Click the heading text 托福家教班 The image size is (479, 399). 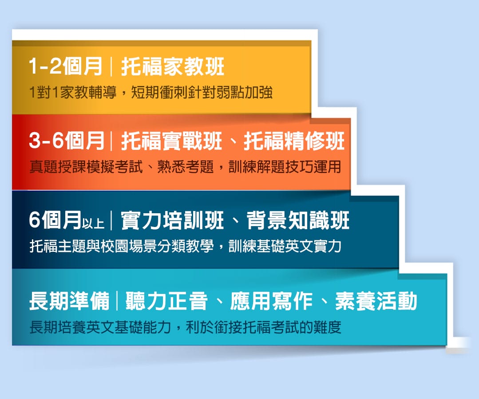(x=173, y=67)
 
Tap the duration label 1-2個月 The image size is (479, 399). (x=65, y=67)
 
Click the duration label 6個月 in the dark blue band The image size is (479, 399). (x=55, y=221)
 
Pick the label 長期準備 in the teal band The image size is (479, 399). (x=69, y=301)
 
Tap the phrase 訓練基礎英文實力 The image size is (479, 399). (x=285, y=246)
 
